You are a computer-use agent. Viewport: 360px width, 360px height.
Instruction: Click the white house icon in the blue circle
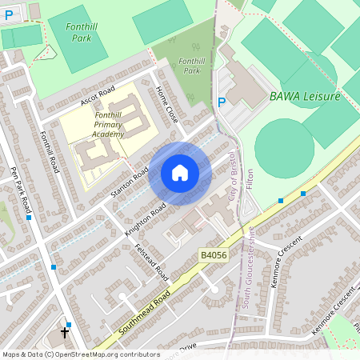tap(180, 173)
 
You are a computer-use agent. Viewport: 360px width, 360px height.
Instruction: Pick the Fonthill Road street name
tap(50, 152)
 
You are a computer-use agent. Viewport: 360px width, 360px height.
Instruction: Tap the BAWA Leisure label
tap(305, 96)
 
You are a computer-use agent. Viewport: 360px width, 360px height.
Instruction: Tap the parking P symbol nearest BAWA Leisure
tap(222, 102)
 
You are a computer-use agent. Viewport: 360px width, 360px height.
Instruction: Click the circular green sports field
tap(284, 149)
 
